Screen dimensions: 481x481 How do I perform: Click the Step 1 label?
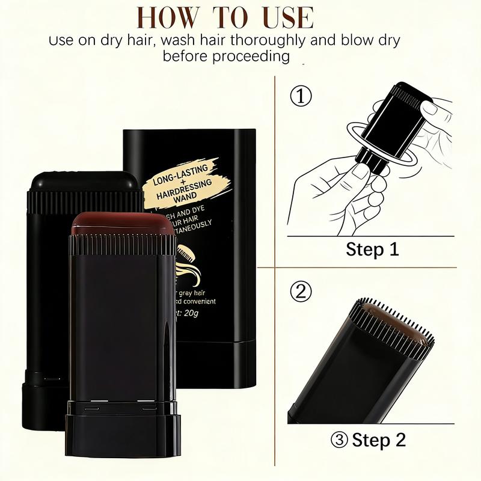point(372,249)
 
